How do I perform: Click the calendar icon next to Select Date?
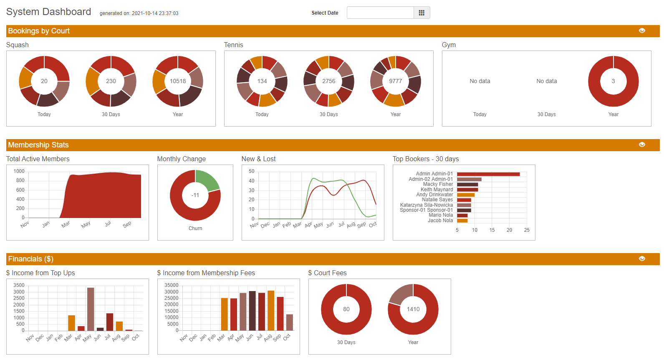[x=422, y=13]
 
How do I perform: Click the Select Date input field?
[x=380, y=13]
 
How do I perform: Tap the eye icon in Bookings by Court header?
[x=642, y=30]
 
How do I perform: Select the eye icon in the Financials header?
[x=642, y=259]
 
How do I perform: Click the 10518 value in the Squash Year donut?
[x=178, y=81]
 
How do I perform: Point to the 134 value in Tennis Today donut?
[x=262, y=81]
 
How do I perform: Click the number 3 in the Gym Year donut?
[x=613, y=81]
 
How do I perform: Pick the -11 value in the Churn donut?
[x=195, y=195]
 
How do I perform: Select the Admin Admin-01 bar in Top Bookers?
[x=488, y=174]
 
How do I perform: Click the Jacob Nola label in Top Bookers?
[x=440, y=221]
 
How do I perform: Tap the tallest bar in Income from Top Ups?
[x=91, y=309]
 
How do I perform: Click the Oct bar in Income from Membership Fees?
[x=290, y=322]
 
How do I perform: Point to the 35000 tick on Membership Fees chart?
[x=171, y=285]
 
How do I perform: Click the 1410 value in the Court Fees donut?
[x=413, y=309]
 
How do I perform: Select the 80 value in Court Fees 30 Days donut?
[x=346, y=309]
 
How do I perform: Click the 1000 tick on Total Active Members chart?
[x=19, y=171]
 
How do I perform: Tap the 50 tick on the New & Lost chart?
[x=251, y=171]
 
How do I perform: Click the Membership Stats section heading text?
[x=38, y=145]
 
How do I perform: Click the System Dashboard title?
[x=48, y=12]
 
